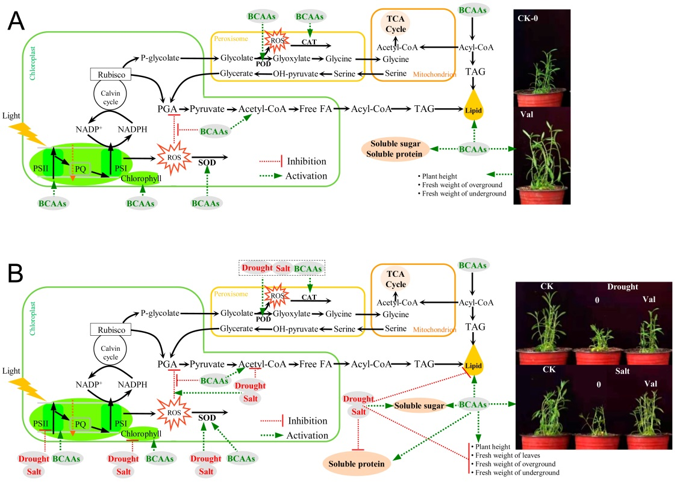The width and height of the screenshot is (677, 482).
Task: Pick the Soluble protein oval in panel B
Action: (355, 464)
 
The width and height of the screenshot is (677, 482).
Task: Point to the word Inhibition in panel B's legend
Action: (308, 421)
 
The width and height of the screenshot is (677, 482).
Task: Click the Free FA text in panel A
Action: (317, 110)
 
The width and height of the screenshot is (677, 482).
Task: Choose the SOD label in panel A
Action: (207, 162)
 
